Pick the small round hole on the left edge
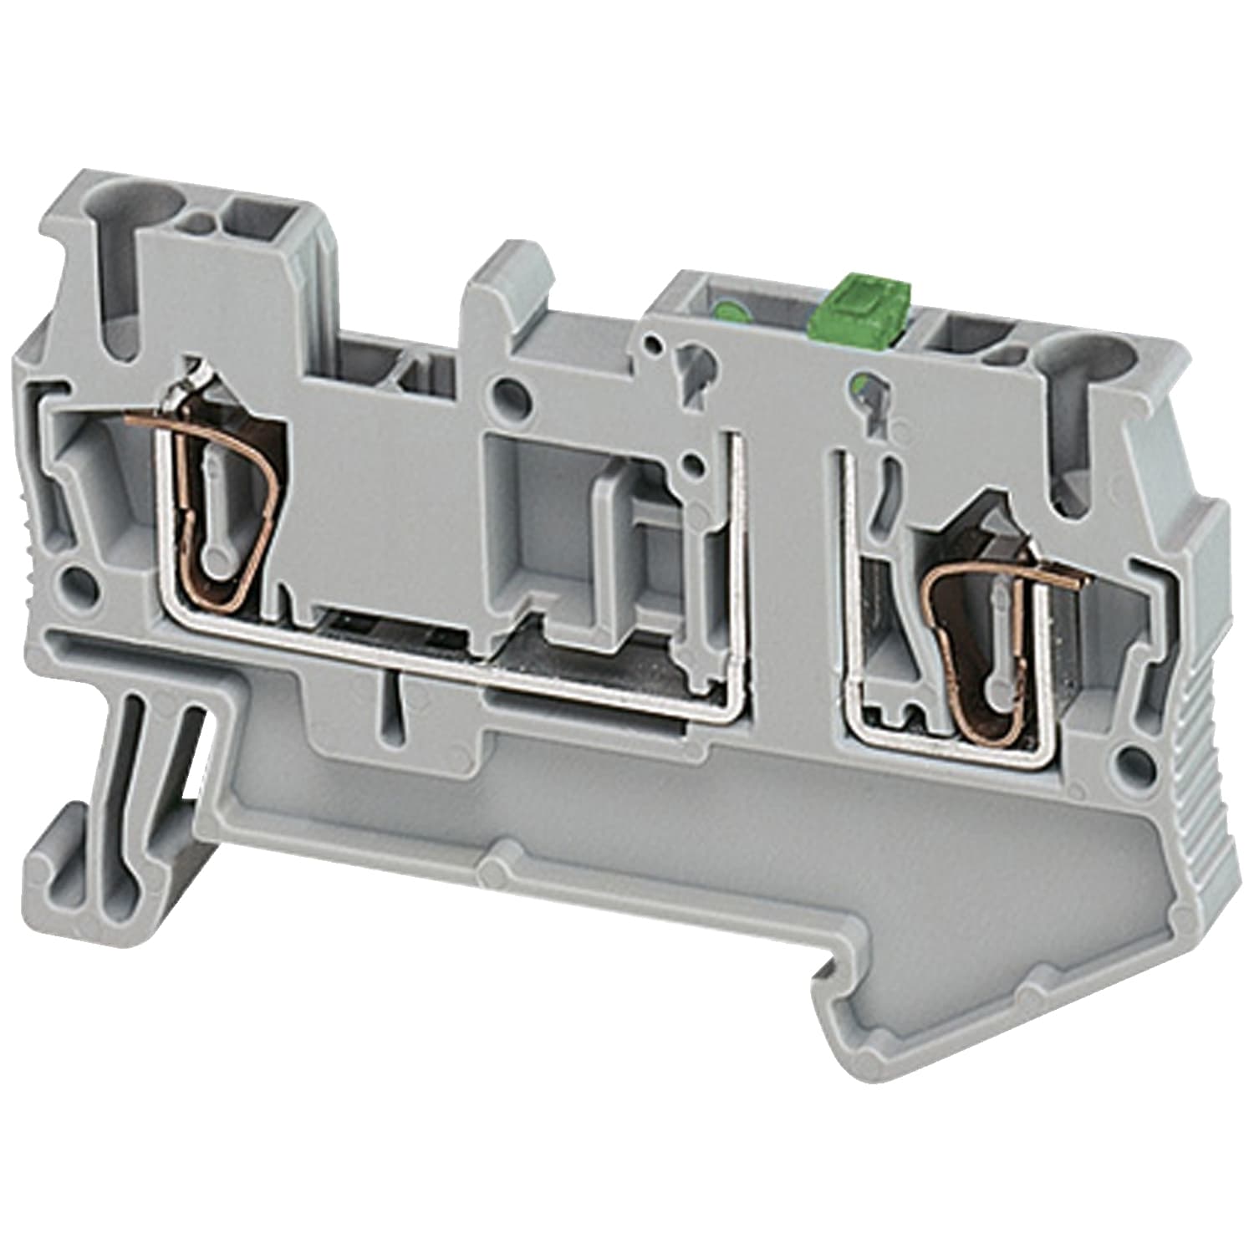(76, 579)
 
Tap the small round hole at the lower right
(1132, 758)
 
